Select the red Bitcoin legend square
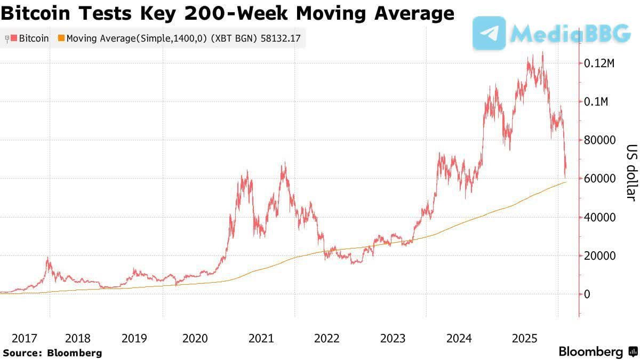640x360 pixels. pos(14,38)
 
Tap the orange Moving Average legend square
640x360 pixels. pos(61,38)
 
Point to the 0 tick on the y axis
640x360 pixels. pos(588,294)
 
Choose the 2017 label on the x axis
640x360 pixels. pos(25,338)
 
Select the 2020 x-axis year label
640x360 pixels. pos(195,338)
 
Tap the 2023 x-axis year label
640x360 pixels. pos(393,338)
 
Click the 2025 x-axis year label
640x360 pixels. pos(524,338)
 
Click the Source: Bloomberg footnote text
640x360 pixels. pos(52,353)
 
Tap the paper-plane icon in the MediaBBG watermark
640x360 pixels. pos(489,33)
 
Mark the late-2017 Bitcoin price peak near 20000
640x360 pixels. pos(49,258)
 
